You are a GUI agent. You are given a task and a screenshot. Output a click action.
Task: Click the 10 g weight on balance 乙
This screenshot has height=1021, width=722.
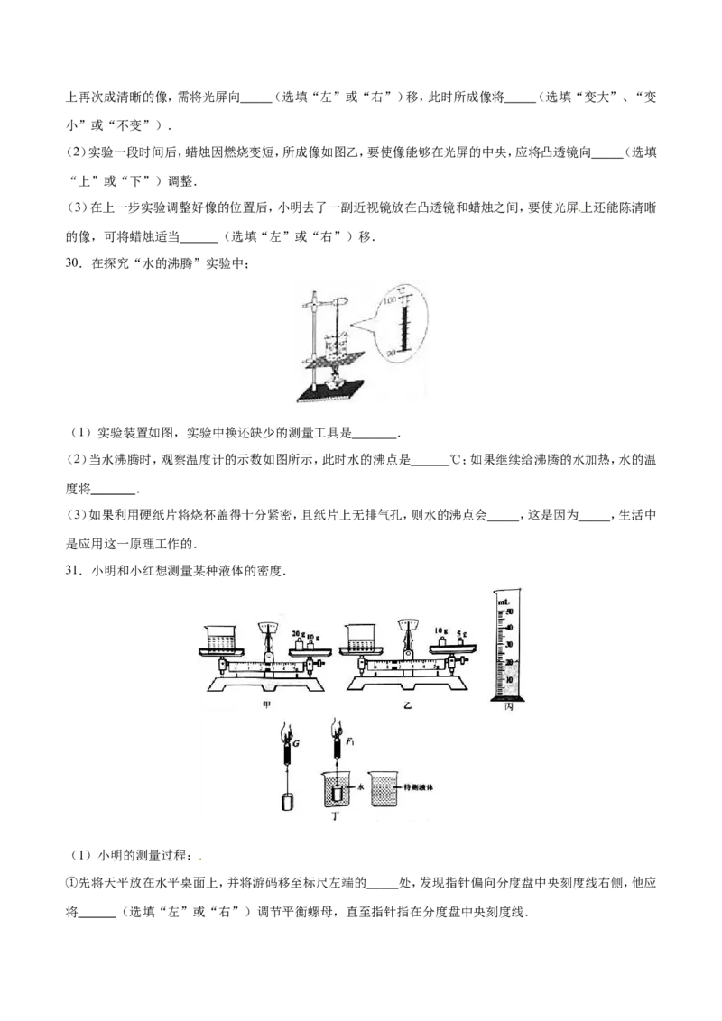coord(441,642)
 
